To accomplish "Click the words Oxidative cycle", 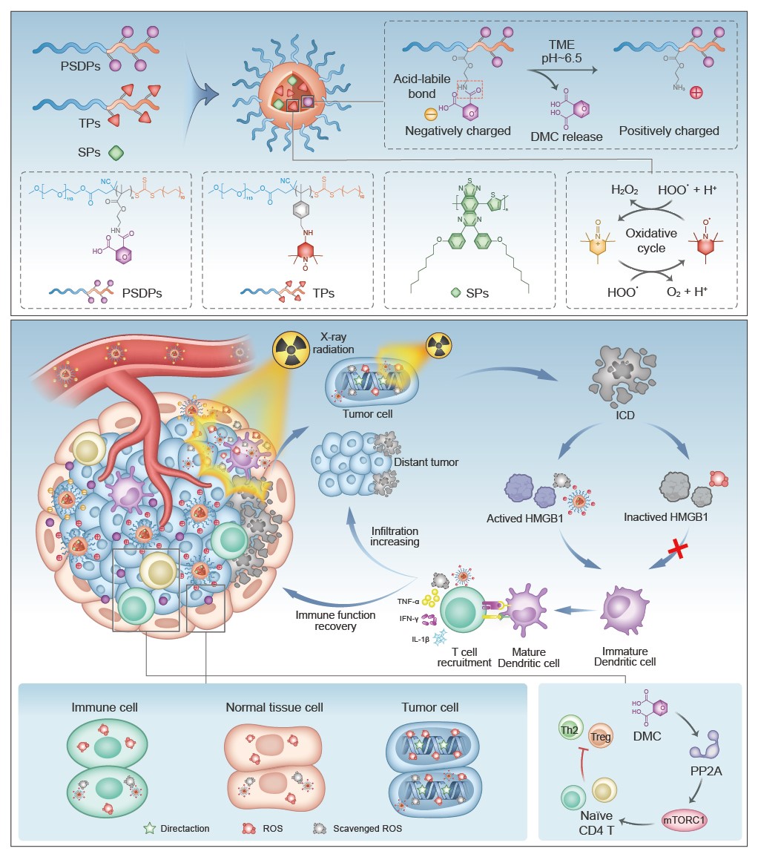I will [x=650, y=240].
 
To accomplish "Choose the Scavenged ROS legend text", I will [x=367, y=827].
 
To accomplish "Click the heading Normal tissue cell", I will [x=274, y=707].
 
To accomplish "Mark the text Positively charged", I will [x=669, y=131].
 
